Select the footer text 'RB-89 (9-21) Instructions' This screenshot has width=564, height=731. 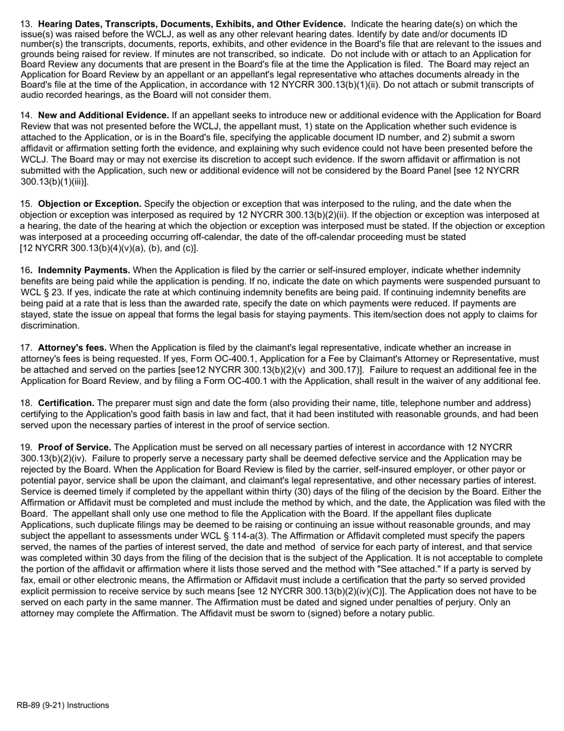63,705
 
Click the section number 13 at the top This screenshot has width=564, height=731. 26,24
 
